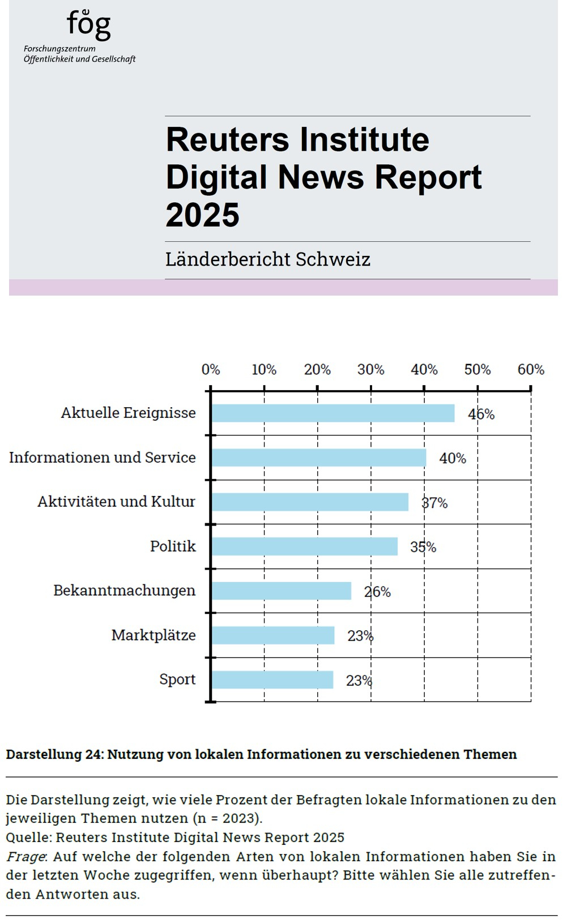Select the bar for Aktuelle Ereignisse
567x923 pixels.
tap(332, 413)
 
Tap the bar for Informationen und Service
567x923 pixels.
tap(318, 458)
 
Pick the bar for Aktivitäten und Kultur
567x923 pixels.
tap(310, 502)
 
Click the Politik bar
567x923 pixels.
tap(304, 546)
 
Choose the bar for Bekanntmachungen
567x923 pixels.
tap(281, 591)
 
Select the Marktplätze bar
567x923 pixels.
tap(272, 635)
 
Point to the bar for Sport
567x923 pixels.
tap(272, 680)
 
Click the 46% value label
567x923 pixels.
tap(481, 415)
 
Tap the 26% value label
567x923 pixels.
tap(377, 592)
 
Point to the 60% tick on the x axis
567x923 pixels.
tap(531, 370)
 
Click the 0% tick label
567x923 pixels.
tap(211, 370)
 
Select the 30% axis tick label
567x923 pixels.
tap(371, 370)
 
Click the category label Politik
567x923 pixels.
tap(173, 546)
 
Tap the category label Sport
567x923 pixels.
tap(177, 680)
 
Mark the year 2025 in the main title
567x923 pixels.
tap(202, 215)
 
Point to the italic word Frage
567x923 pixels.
tap(25, 856)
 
